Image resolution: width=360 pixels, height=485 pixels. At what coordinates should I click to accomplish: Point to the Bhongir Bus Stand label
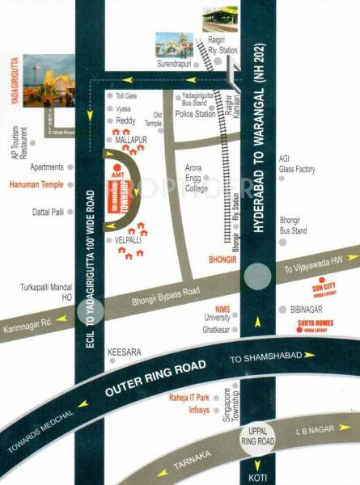coord(294,226)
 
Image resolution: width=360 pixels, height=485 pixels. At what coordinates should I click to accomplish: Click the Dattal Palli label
coord(48,213)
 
